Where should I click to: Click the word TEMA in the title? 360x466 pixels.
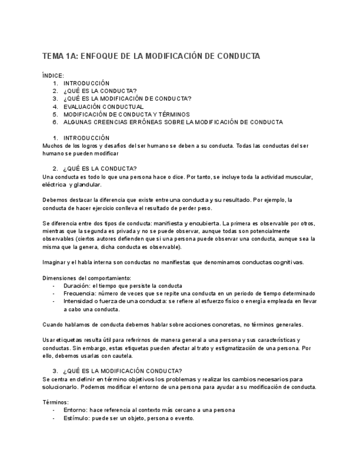pyautogui.click(x=53, y=57)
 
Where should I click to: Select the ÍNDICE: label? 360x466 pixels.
pyautogui.click(x=53, y=75)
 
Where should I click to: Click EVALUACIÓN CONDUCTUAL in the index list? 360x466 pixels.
pyautogui.click(x=103, y=107)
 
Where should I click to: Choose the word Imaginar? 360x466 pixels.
pyautogui.click(x=55, y=262)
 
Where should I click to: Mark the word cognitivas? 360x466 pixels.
pyautogui.click(x=286, y=262)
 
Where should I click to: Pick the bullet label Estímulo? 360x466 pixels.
pyautogui.click(x=77, y=418)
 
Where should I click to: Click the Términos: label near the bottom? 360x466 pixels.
pyautogui.click(x=56, y=402)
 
